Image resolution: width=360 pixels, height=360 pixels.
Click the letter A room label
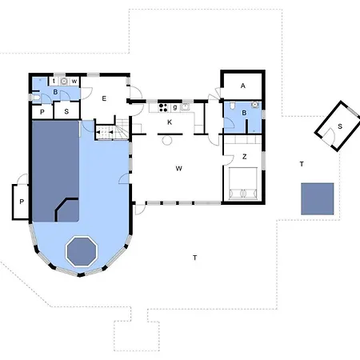243,86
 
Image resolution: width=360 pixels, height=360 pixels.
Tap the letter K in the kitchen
170,122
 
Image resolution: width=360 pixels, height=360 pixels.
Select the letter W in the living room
179,169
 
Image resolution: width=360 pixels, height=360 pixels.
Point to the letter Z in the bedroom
245,157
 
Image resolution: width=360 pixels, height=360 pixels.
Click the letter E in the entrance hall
104,98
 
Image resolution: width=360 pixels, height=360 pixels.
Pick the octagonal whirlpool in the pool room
82,251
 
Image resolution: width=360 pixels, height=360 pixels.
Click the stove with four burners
163,107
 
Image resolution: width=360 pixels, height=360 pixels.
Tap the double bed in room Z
243,183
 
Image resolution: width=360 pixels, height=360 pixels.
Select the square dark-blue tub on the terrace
318,198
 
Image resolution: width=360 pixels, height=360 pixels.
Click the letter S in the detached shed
340,126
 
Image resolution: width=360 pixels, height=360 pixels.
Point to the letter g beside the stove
175,107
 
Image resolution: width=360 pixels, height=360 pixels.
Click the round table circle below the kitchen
167,140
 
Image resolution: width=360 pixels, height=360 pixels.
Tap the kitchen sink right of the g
186,107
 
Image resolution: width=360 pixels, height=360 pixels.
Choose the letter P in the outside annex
22,202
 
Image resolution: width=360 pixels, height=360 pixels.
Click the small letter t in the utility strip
54,81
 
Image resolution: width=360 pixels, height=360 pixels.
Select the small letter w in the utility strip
74,82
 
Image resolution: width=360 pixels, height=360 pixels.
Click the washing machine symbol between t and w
64,81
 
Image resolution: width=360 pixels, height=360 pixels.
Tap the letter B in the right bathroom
244,113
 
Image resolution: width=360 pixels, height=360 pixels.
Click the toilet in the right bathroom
232,106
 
